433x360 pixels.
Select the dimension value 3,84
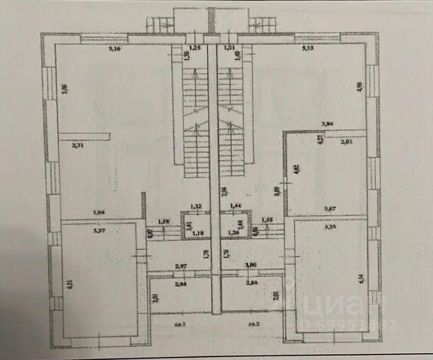(x=328, y=124)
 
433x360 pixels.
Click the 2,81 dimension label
(x=348, y=142)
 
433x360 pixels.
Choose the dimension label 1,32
(x=195, y=207)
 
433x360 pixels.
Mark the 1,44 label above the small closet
(x=236, y=207)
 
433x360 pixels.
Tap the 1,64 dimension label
(x=99, y=212)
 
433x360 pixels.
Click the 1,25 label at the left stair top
(x=194, y=47)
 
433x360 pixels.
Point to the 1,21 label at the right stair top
(x=229, y=47)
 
